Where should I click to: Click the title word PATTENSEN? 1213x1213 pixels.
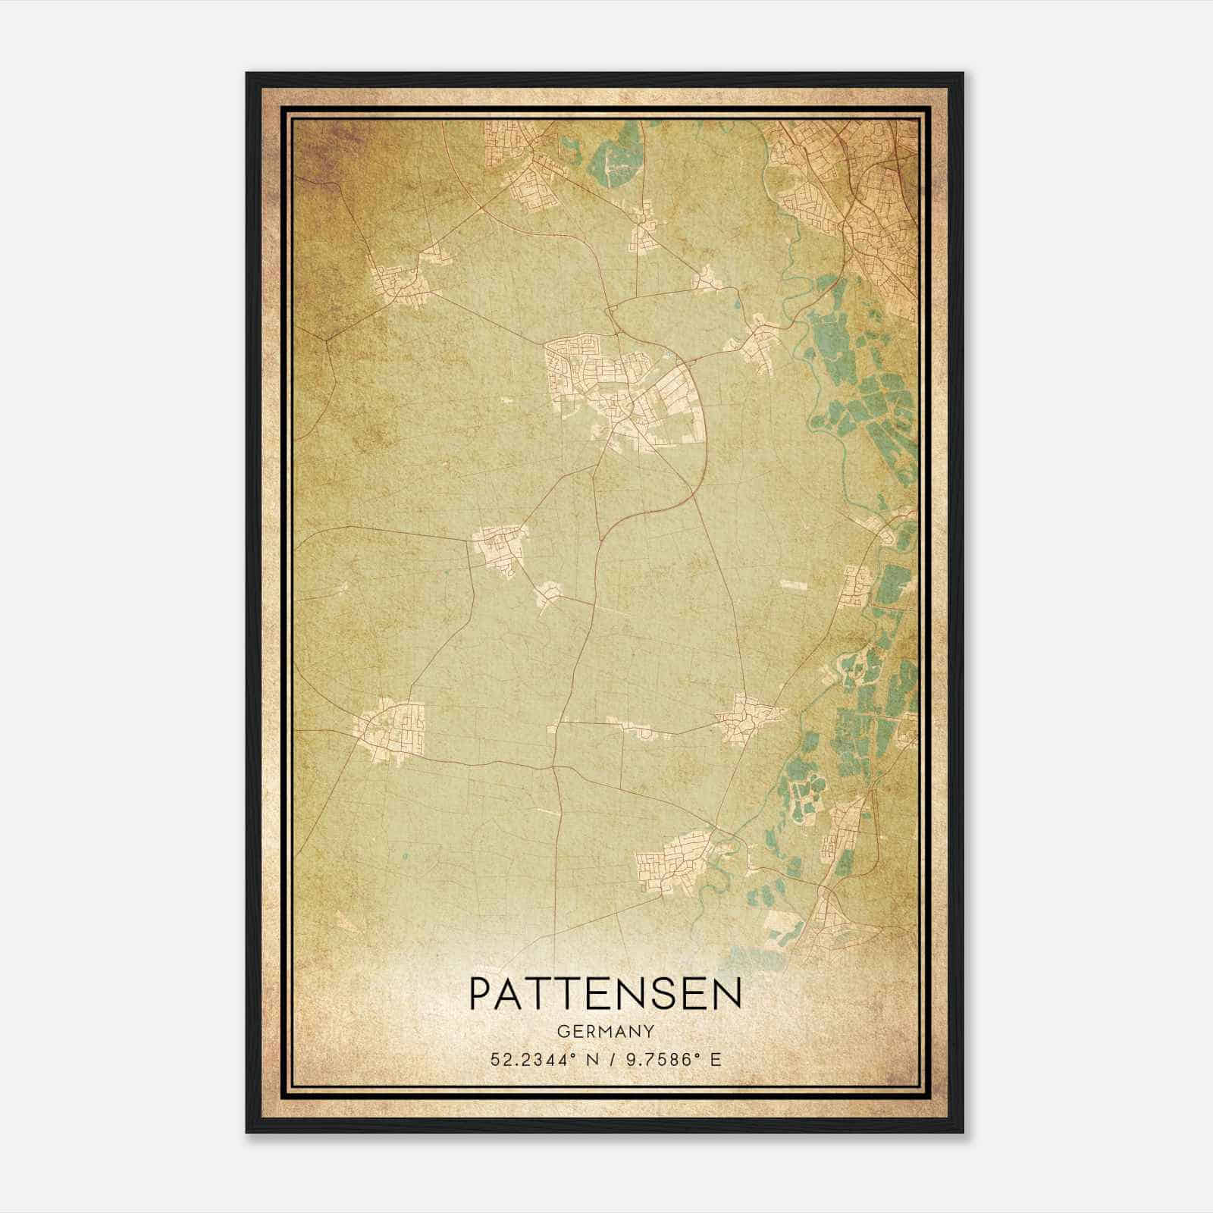[605, 993]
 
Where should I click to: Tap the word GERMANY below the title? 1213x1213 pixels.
[605, 1032]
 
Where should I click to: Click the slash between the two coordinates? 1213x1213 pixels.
[606, 1059]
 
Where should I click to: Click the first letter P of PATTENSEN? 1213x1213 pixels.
[480, 993]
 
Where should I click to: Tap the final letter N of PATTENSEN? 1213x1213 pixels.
[727, 993]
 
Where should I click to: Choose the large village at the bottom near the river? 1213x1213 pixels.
[675, 860]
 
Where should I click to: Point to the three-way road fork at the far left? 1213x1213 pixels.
[328, 341]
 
